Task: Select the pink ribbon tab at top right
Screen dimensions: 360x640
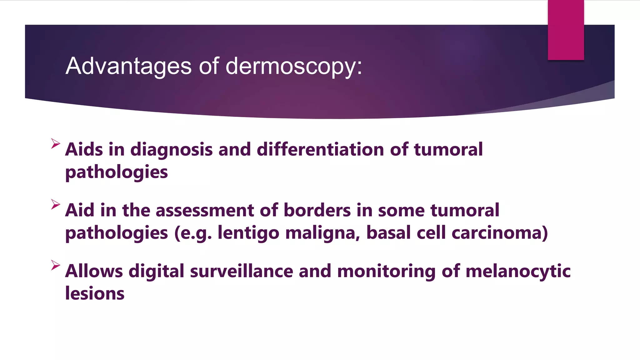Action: (x=566, y=30)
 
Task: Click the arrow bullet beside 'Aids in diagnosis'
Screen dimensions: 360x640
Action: (x=55, y=143)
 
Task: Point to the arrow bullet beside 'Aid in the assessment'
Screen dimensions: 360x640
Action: (x=55, y=204)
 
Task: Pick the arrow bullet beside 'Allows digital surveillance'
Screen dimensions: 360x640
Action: (x=55, y=265)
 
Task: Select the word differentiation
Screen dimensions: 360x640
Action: (x=320, y=149)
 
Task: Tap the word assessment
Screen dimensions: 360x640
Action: (x=205, y=210)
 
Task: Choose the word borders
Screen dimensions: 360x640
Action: (x=317, y=210)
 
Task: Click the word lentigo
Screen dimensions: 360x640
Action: (x=248, y=233)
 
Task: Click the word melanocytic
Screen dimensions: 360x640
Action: (x=518, y=271)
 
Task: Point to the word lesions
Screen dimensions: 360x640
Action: (x=95, y=293)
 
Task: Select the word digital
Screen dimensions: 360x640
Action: (x=156, y=271)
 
